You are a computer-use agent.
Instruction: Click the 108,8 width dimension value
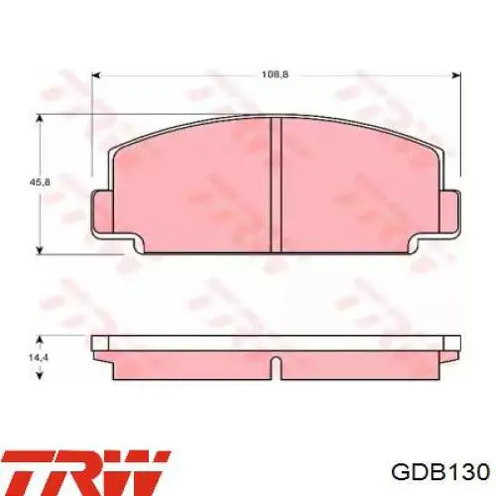tap(275, 74)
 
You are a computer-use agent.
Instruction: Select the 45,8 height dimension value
tap(40, 183)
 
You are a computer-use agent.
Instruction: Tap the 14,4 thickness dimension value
tap(40, 357)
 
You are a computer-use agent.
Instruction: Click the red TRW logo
tap(85, 472)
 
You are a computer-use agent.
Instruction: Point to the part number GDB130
tap(440, 472)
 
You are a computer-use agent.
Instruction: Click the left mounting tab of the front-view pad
tap(102, 211)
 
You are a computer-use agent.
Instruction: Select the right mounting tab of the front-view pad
tap(450, 211)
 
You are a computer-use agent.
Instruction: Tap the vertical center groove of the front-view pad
tap(276, 186)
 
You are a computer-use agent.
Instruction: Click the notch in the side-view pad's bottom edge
tap(276, 368)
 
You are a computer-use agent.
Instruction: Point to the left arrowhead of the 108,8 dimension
tap(95, 75)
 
